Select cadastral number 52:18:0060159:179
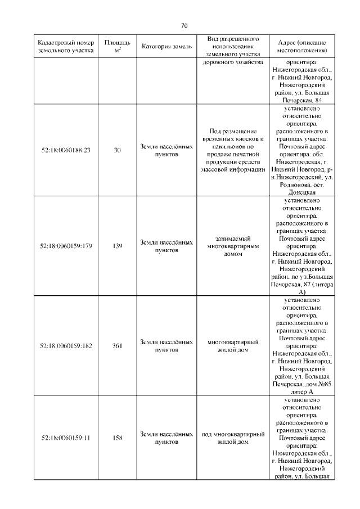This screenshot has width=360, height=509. tap(66, 246)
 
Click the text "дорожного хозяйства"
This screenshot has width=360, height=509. tap(232, 62)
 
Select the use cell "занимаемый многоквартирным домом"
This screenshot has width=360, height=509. tap(232, 246)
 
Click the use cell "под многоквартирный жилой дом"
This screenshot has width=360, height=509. tap(232, 438)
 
